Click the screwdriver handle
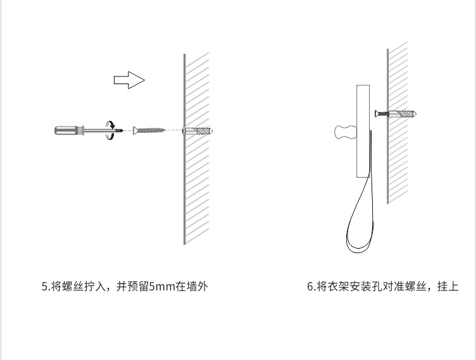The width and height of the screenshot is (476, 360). (x=66, y=130)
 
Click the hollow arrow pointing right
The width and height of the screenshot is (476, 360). (x=129, y=80)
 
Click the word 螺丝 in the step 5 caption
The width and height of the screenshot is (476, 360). (x=72, y=287)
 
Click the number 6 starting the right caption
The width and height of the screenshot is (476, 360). (x=310, y=287)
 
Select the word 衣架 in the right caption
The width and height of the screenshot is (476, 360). (x=336, y=287)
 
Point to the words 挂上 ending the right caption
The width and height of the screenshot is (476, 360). (x=447, y=287)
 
